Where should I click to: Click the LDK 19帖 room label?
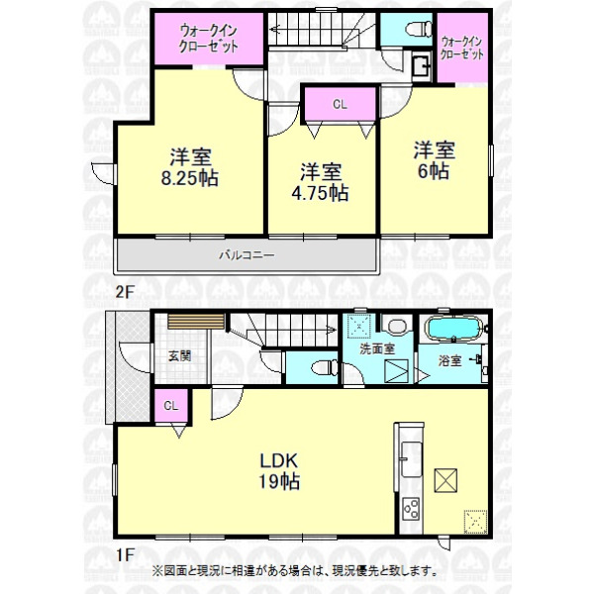[x=279, y=471]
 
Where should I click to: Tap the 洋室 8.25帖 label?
[x=190, y=167]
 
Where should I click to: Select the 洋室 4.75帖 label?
[x=321, y=182]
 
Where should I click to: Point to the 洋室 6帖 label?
[x=435, y=160]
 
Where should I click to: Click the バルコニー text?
[x=247, y=255]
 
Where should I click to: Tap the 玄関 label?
[x=179, y=356]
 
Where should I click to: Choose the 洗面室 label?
[x=377, y=348]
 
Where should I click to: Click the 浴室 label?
[x=450, y=360]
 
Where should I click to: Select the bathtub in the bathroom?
[x=454, y=329]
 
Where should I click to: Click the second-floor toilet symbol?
[x=419, y=29]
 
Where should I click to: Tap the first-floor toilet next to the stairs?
[x=325, y=367]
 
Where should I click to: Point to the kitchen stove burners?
[x=411, y=509]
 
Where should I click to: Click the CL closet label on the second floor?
[x=340, y=104]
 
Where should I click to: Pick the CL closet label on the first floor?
[x=171, y=406]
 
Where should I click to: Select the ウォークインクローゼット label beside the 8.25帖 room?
[x=209, y=39]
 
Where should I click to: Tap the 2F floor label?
[x=125, y=292]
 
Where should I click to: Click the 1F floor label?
[x=125, y=555]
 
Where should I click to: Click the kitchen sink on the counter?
[x=411, y=459]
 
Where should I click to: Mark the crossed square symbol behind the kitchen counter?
[x=445, y=480]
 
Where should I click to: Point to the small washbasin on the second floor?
[x=422, y=66]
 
